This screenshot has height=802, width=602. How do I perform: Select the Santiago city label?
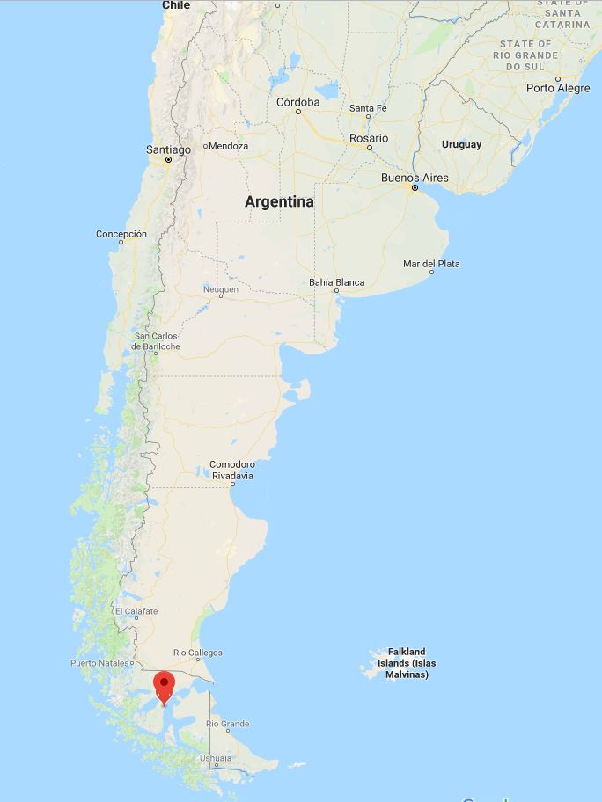[x=168, y=149]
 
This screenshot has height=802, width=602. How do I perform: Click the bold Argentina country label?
[x=279, y=201]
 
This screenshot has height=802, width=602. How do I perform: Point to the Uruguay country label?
[x=461, y=144]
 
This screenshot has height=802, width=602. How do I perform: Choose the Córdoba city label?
[x=297, y=102]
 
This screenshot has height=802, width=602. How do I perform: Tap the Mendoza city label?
[x=228, y=146]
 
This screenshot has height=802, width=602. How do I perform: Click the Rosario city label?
[x=368, y=138]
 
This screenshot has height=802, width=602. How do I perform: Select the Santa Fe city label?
[x=368, y=108]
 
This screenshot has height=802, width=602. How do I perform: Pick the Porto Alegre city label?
[x=558, y=88]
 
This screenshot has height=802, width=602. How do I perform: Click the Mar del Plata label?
[x=431, y=264]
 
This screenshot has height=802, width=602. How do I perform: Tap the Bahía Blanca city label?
[x=337, y=282]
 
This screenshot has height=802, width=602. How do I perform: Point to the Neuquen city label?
[x=220, y=289]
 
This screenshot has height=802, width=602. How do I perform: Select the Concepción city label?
[x=121, y=234]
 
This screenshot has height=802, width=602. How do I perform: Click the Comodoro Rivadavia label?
[x=232, y=470]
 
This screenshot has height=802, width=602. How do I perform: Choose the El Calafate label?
[x=136, y=611]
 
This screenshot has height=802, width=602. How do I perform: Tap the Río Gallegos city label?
[x=198, y=653]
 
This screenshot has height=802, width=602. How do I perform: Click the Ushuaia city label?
[x=216, y=757]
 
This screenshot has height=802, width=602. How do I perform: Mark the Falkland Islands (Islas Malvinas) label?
[x=407, y=663]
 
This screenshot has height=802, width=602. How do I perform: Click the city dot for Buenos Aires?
[x=415, y=187]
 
